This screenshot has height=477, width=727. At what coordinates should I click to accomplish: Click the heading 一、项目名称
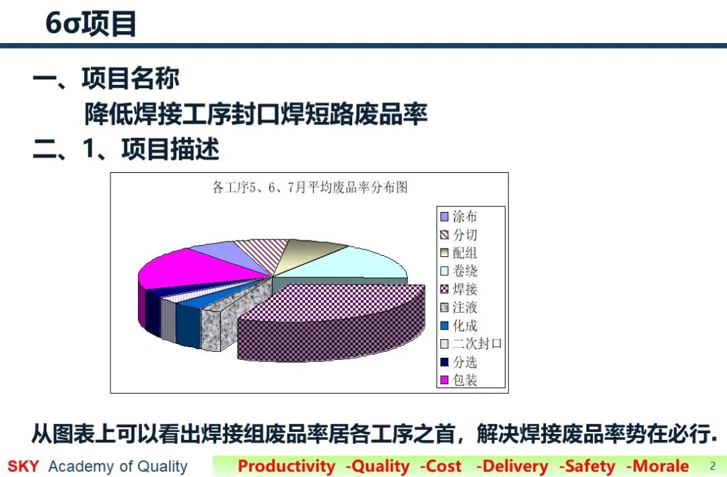tap(106, 78)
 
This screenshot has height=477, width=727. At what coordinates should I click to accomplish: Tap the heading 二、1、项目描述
tap(126, 149)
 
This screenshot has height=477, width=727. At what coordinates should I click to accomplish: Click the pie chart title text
tap(310, 187)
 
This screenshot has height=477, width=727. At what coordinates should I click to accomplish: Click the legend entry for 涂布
tap(458, 217)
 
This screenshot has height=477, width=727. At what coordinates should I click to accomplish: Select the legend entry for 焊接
tap(458, 289)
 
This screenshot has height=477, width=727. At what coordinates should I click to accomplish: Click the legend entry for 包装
tap(458, 380)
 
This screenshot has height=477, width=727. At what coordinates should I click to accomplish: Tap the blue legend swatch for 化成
tap(444, 326)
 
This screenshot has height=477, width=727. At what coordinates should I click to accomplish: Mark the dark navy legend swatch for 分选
tap(444, 362)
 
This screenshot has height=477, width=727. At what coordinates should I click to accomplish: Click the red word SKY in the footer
tap(23, 466)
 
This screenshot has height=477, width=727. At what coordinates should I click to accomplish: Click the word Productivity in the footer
tap(286, 466)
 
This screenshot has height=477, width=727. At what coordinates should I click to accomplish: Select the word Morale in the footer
tap(661, 466)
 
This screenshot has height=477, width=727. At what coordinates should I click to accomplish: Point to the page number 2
tap(713, 466)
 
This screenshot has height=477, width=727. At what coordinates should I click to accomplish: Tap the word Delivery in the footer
tap(515, 466)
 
